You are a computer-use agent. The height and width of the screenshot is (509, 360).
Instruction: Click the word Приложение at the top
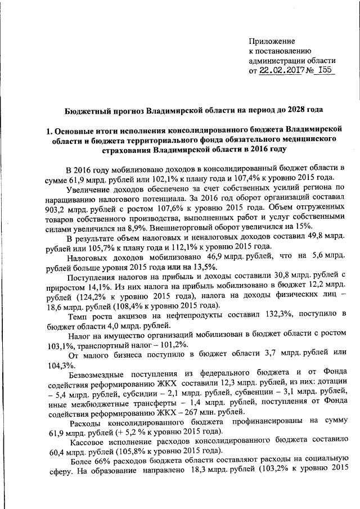[272, 41]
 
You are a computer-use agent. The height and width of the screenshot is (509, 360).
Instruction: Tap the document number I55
[325, 71]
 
